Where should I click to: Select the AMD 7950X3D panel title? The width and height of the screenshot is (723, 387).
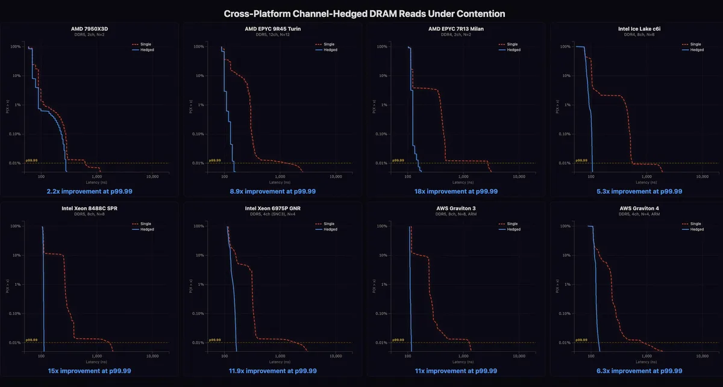click(x=90, y=29)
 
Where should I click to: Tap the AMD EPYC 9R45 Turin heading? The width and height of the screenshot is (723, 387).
click(x=273, y=29)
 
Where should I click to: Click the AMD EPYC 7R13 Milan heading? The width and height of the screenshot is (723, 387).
click(x=457, y=29)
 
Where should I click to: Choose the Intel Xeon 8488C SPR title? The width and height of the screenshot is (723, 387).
click(x=90, y=208)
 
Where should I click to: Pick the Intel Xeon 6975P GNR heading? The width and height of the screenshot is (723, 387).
click(x=273, y=208)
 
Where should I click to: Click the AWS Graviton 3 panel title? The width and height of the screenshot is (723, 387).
click(x=457, y=208)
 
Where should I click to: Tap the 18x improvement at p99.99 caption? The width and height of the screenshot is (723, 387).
click(x=457, y=191)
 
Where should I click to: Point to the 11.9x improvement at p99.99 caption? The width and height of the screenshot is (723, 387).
click(x=273, y=371)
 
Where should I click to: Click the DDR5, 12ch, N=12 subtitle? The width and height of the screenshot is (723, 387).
click(x=273, y=35)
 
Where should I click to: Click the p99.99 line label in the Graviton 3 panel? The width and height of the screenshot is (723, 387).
click(x=398, y=340)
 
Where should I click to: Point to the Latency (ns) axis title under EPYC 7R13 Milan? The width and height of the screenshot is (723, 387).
click(x=457, y=182)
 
